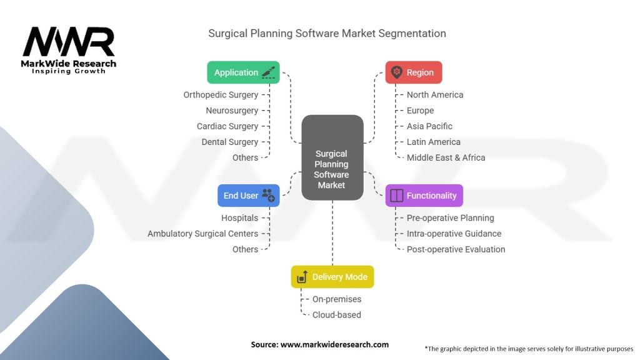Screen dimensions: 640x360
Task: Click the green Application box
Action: click(x=243, y=72)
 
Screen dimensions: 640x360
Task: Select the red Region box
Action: click(x=414, y=72)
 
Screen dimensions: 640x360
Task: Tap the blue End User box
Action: click(x=249, y=196)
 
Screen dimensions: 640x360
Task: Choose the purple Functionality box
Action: click(x=424, y=196)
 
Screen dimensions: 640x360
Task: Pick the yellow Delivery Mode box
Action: click(x=332, y=277)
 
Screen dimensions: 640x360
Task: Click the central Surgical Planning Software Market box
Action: click(x=332, y=157)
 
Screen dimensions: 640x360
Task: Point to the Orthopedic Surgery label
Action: click(x=221, y=95)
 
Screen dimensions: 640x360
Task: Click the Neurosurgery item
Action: click(x=232, y=111)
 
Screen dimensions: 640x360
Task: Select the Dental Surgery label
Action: click(x=230, y=142)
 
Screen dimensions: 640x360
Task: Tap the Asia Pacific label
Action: click(x=429, y=126)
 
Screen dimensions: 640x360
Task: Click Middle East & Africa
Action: click(x=446, y=157)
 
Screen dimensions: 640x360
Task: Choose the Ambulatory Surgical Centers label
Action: click(x=203, y=234)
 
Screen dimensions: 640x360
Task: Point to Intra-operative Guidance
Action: click(x=454, y=234)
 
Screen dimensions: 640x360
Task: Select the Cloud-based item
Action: click(x=337, y=315)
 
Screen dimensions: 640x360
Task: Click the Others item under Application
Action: click(x=245, y=157)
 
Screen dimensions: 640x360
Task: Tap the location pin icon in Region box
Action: click(x=396, y=72)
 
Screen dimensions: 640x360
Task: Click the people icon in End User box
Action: click(x=268, y=195)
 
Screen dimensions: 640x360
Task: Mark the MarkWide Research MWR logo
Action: click(x=69, y=50)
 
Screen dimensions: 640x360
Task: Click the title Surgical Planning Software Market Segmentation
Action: click(x=327, y=34)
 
